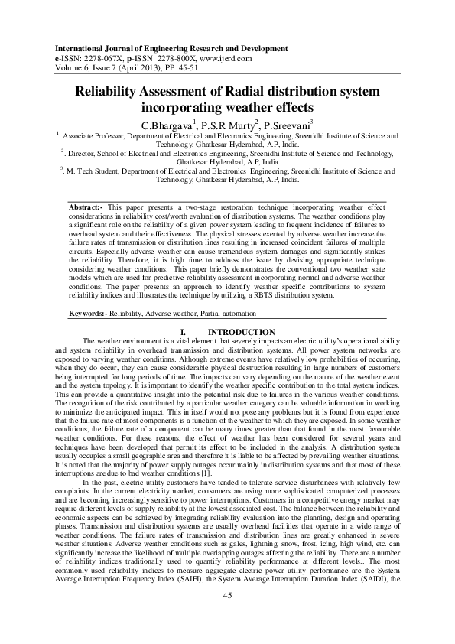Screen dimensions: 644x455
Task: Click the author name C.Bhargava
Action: (169, 124)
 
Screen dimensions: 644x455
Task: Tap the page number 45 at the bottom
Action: (227, 616)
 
